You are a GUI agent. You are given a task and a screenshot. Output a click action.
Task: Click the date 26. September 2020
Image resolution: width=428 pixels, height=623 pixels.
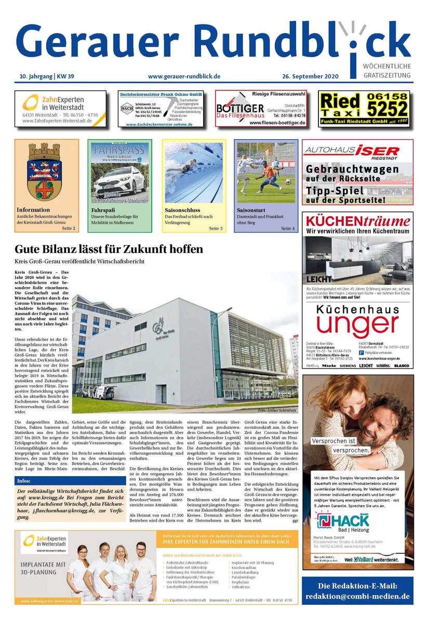311,76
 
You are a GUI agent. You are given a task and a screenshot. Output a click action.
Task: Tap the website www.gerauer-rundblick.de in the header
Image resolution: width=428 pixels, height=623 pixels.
184,76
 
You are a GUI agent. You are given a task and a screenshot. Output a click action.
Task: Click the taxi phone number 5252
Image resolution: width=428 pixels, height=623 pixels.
387,109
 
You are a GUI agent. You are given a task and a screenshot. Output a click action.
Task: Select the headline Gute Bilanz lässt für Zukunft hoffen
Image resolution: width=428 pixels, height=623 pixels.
109,249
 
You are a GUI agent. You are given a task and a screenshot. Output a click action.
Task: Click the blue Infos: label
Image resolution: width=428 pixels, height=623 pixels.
24,481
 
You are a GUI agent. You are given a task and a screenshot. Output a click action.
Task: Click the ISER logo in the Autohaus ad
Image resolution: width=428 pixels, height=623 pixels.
377,151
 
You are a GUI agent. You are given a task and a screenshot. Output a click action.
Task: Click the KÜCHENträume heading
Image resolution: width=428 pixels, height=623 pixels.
357,221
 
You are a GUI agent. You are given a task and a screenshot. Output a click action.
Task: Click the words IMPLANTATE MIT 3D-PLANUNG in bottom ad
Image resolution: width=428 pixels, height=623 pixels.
43,568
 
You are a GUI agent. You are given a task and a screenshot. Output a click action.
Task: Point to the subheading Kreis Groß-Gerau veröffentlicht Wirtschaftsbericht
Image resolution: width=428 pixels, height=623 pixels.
79,261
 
